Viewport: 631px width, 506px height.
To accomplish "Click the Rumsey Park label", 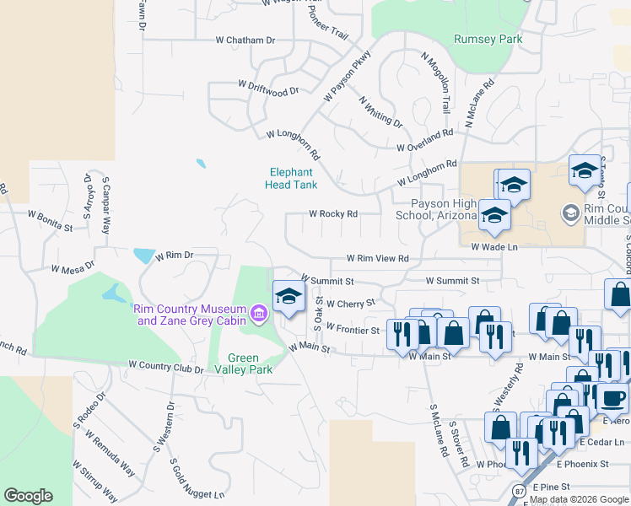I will [488, 39].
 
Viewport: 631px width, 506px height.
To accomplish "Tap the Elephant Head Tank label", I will [291, 178].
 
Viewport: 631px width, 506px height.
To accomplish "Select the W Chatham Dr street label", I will [245, 40].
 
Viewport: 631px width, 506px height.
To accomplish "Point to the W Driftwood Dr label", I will [268, 87].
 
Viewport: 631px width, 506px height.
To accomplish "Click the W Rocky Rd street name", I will [333, 214].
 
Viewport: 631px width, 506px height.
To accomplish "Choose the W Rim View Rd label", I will [378, 259].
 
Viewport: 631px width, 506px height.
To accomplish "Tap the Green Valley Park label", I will [253, 363].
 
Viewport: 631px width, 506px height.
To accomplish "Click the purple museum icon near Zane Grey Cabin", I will [258, 315].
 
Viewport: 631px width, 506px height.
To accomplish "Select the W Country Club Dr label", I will [166, 367].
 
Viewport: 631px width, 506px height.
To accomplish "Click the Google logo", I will [28, 496].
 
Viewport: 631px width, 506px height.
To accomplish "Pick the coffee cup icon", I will [613, 396].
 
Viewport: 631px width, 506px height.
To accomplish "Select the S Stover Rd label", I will [459, 444].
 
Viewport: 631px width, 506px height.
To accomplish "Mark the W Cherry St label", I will [349, 303].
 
